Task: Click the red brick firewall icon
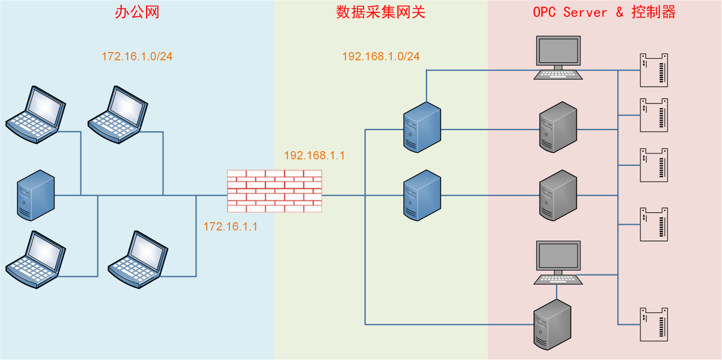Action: [274, 191]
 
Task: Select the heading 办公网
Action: [137, 12]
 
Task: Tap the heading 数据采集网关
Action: [381, 12]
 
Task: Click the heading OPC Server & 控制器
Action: [604, 12]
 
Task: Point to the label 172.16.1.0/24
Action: [137, 57]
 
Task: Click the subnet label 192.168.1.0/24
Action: [381, 57]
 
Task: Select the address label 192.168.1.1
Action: [314, 155]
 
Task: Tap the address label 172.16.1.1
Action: [230, 226]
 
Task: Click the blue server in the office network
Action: [36, 195]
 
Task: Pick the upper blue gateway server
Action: [422, 127]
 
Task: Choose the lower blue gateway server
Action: [422, 195]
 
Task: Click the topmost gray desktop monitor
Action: [558, 57]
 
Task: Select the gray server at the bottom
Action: [553, 324]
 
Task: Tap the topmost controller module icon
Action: [653, 70]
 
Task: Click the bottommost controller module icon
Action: [653, 324]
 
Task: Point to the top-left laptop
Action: [36, 114]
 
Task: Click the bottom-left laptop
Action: [36, 259]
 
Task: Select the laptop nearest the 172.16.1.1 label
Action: [138, 259]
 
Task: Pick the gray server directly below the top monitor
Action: [558, 127]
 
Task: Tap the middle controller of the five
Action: [653, 165]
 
